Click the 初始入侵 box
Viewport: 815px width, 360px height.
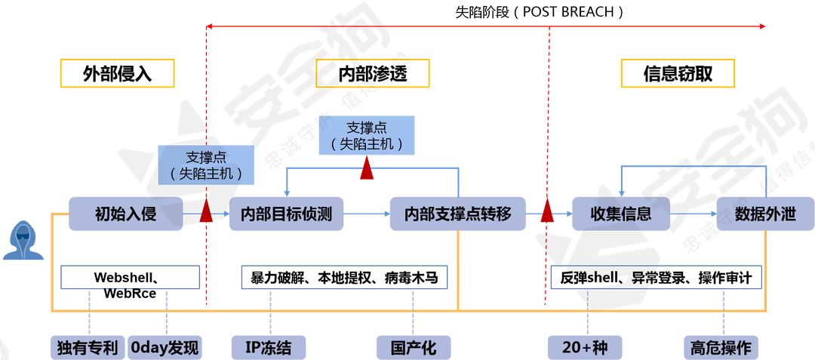(x=125, y=214)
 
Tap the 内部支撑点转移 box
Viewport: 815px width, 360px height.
(x=458, y=214)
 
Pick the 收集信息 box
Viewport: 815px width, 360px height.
(x=620, y=214)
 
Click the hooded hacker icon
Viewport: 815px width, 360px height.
(x=23, y=240)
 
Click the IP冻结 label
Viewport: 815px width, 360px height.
(x=268, y=347)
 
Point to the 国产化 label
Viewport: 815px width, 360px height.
(x=413, y=347)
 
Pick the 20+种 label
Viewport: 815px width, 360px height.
(x=584, y=347)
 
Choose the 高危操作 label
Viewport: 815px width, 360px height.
(x=721, y=347)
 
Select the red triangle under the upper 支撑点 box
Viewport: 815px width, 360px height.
(x=367, y=169)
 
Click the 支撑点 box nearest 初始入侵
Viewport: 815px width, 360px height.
(x=206, y=165)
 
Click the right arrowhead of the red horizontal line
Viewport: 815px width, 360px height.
(x=764, y=27)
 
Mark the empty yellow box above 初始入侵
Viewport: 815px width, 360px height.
(x=118, y=73)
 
